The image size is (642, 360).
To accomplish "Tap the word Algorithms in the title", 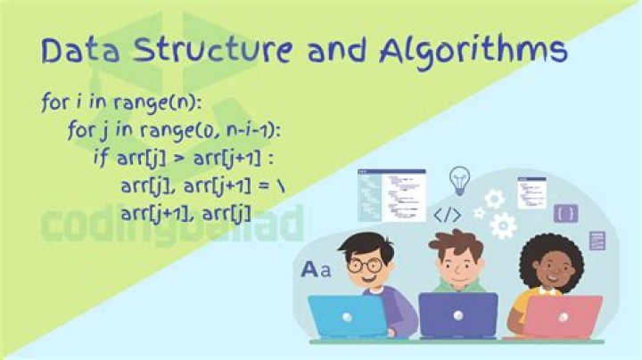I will click(x=473, y=52).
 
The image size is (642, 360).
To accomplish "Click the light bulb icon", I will click(x=459, y=177).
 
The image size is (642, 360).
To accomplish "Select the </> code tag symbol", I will click(x=447, y=214).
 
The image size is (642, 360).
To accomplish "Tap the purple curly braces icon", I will click(x=564, y=213).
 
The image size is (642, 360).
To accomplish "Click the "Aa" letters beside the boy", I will click(x=315, y=268).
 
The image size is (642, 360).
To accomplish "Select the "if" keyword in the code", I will click(x=99, y=158).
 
